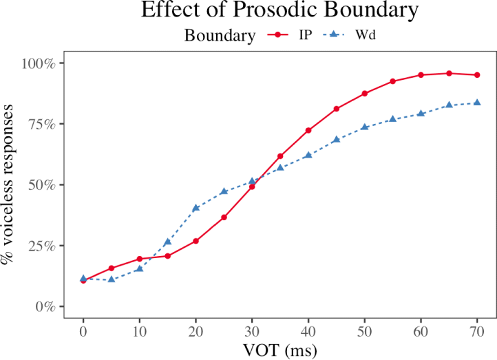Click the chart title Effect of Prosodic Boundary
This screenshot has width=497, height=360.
tap(279, 11)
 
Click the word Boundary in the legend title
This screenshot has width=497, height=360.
tap(220, 36)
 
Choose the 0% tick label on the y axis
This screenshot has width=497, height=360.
tap(47, 306)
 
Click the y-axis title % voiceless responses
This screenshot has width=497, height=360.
tap(10, 184)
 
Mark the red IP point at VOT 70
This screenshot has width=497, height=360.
tap(477, 75)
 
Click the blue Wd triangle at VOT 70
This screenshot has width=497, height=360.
tap(477, 103)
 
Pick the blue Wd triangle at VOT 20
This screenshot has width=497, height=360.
tap(195, 207)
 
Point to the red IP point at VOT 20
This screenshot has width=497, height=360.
tap(195, 241)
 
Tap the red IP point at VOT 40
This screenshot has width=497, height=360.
tap(308, 130)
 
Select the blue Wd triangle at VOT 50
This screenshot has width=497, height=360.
tap(365, 127)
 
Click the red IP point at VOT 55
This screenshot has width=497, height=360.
tap(393, 81)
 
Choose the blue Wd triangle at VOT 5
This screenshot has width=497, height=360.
tap(112, 279)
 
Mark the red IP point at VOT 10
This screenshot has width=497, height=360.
tap(140, 259)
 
